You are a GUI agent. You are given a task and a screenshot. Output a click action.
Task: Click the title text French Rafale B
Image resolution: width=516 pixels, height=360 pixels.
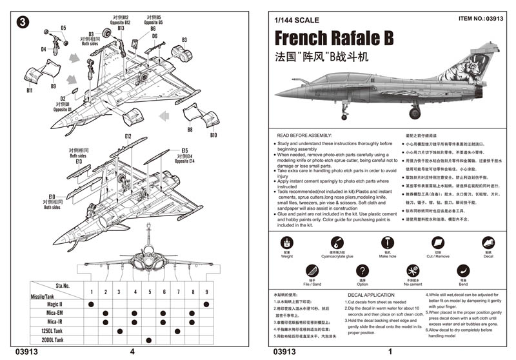[x=333, y=38]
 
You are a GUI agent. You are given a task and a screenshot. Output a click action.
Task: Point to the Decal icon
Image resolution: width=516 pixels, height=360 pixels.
[x=488, y=243]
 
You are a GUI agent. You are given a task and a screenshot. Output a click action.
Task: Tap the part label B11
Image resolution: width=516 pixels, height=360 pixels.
[x=30, y=91]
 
